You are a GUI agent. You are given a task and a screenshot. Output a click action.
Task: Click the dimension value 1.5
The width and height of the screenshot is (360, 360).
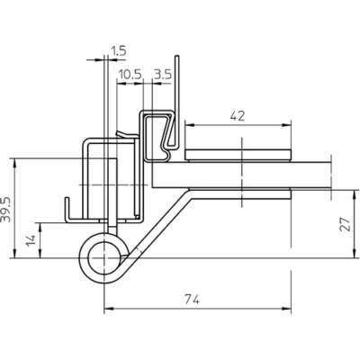point(119,50)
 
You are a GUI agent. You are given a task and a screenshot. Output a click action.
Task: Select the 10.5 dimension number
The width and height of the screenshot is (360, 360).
point(130,74)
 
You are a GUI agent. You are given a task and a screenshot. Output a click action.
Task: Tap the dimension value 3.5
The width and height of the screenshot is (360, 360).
point(162,74)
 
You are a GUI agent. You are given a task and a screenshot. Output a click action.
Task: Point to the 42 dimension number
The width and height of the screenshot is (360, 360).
point(238,116)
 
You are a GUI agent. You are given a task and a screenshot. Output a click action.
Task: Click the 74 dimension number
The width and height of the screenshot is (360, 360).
point(192,300)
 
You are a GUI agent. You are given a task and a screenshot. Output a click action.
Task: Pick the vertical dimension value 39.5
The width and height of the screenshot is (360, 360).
point(6,210)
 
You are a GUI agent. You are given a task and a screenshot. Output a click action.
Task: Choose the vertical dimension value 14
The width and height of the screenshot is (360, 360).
point(31,240)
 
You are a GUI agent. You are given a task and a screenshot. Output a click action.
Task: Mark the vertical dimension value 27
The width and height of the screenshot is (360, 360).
point(346,224)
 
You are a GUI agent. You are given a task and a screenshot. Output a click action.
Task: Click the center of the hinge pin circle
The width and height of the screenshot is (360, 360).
point(103,258)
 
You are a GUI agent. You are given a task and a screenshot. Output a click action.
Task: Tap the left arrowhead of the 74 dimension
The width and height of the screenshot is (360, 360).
point(108,309)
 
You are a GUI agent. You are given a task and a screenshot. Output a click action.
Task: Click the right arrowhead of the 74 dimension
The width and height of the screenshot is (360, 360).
point(286,309)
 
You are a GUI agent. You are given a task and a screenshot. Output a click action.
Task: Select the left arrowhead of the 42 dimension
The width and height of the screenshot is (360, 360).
point(189,126)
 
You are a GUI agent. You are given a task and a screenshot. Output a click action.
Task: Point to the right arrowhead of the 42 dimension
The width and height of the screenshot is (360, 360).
point(286,126)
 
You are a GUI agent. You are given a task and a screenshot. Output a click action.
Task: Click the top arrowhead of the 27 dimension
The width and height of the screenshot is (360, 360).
point(355,194)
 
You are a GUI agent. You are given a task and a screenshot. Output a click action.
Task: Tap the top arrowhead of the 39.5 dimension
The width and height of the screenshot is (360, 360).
point(14,164)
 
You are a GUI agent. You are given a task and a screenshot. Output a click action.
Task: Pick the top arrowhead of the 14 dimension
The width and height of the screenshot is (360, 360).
point(40,227)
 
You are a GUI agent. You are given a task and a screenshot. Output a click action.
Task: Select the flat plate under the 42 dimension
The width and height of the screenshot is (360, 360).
point(238,155)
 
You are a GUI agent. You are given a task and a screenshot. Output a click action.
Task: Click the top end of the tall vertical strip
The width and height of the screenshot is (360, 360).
point(177,56)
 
